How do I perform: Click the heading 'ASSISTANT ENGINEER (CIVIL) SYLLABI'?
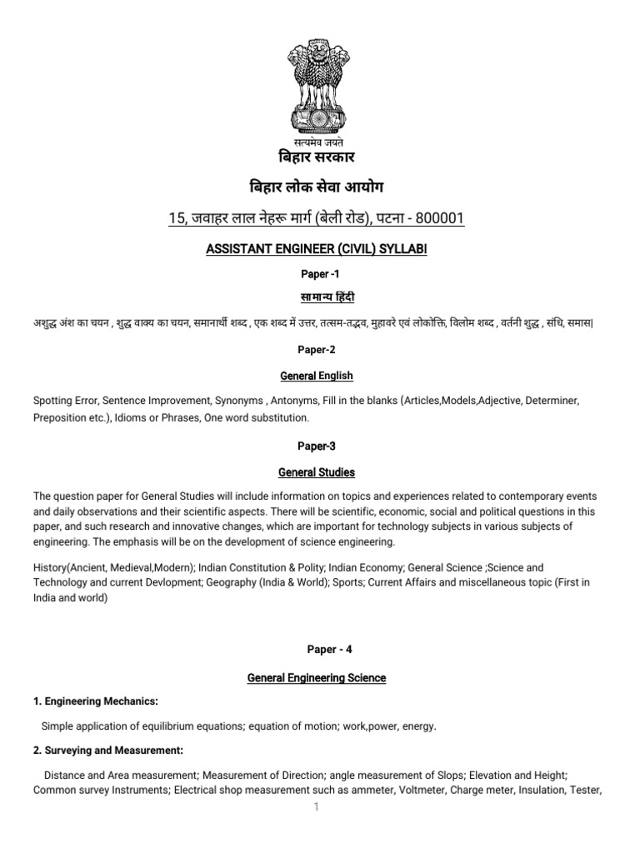coord(316,249)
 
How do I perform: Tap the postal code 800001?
coord(434,219)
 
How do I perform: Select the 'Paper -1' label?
coord(321,273)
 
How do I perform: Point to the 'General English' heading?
coord(316,376)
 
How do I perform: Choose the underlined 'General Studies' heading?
coord(317,472)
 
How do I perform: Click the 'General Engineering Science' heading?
coord(317,678)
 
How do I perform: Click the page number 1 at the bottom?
coord(317,808)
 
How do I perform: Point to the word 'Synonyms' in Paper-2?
coord(282,401)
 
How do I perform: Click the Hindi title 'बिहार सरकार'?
coord(321,158)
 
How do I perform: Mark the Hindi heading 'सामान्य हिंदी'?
coord(321,297)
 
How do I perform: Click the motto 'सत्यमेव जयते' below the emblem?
coord(321,142)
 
